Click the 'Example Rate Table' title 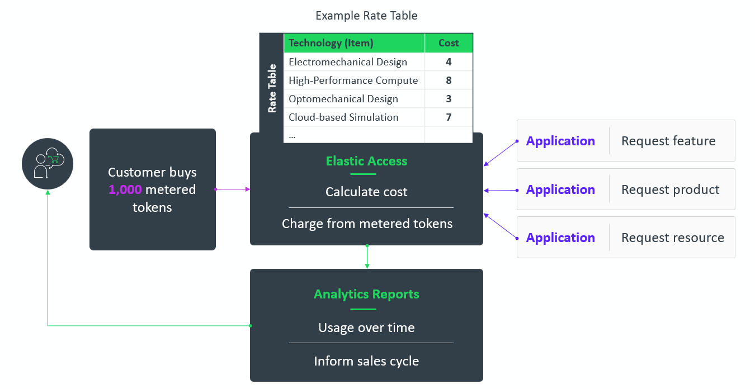(366, 16)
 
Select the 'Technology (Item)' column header (331, 43)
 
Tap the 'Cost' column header (449, 43)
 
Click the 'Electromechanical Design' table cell (348, 62)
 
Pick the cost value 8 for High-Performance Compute (449, 80)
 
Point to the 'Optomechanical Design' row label (343, 99)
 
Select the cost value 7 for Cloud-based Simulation (449, 117)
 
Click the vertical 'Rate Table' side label (272, 88)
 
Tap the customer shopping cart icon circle (48, 163)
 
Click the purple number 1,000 (125, 190)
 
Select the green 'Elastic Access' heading (366, 161)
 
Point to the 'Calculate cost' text (366, 192)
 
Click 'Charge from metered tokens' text (367, 224)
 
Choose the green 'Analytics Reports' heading (366, 294)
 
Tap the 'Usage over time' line (366, 328)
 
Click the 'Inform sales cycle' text (366, 361)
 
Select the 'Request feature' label (668, 141)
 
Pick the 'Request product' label (670, 189)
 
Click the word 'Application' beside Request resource (560, 238)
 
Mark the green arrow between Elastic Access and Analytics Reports (367, 257)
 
